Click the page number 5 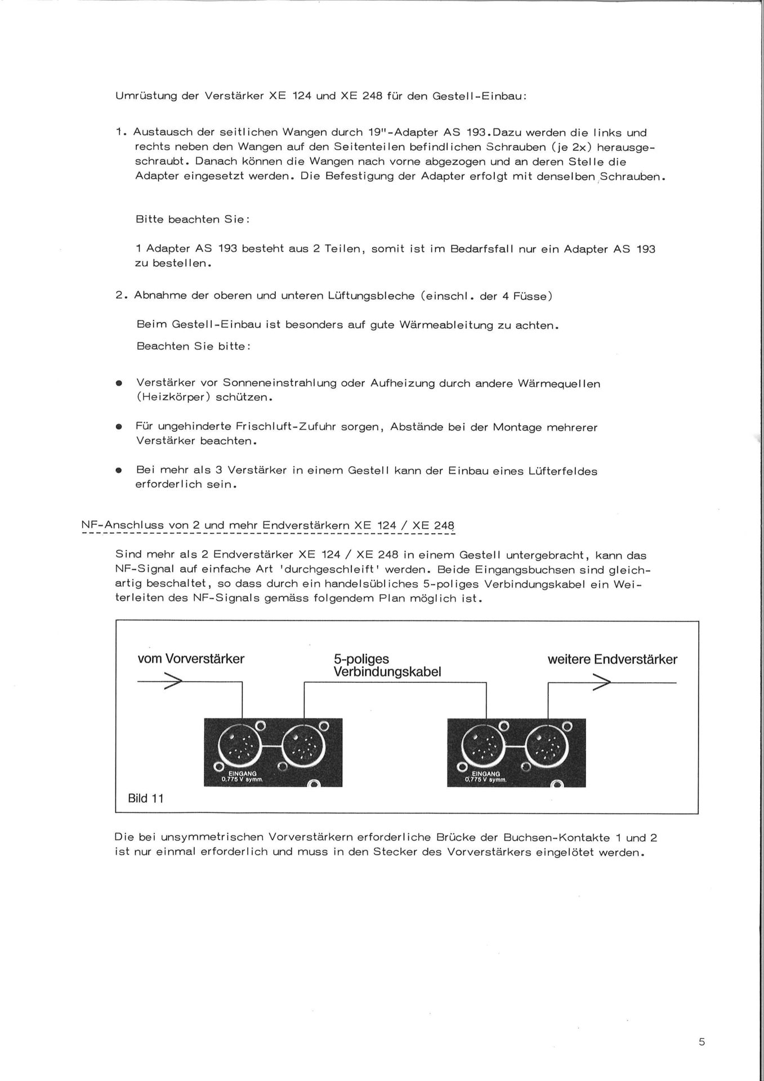point(702,1042)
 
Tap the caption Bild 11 point(146,798)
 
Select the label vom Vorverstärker point(191,659)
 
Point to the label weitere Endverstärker point(612,659)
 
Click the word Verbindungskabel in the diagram point(387,672)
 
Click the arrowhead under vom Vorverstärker point(173,682)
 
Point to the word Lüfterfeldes point(562,471)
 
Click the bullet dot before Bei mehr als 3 point(119,471)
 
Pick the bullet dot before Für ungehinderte point(119,427)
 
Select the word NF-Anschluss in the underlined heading point(122,526)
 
